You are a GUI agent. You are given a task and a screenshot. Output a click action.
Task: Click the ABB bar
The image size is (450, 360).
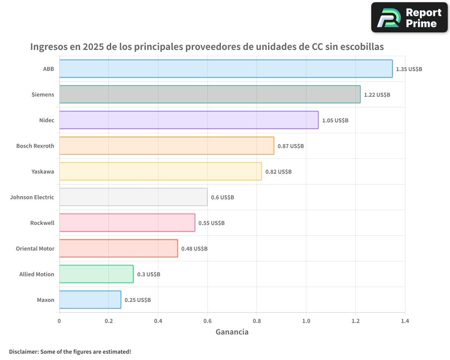(x=225, y=69)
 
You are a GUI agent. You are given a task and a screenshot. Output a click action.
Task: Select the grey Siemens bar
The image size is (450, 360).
(x=210, y=94)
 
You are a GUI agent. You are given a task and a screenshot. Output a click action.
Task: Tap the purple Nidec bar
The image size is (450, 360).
(x=189, y=120)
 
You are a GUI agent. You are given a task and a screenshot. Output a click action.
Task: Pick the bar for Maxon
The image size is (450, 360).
(x=90, y=300)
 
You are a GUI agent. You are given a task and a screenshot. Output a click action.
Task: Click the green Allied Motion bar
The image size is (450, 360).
(x=96, y=274)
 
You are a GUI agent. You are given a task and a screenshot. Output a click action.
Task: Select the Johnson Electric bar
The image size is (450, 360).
(x=133, y=197)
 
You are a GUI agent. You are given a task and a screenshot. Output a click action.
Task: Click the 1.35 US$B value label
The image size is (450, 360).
(x=409, y=69)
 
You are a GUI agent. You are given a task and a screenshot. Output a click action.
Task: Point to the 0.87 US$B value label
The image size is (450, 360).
(x=291, y=146)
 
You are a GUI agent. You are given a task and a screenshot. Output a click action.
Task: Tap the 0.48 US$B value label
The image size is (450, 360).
(x=194, y=249)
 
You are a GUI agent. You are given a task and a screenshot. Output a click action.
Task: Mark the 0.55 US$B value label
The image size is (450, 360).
(x=211, y=223)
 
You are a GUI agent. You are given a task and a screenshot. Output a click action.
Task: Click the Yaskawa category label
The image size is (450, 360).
(x=43, y=171)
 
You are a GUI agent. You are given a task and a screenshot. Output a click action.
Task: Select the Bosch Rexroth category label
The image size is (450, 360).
(x=35, y=146)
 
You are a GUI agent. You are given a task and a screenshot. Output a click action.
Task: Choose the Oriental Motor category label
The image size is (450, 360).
(x=35, y=248)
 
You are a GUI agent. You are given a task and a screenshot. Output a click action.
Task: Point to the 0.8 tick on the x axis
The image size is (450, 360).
(x=256, y=321)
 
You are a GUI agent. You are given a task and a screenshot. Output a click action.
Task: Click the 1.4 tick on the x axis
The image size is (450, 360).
(x=405, y=321)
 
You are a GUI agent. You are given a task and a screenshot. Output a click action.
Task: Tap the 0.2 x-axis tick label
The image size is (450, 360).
(x=108, y=321)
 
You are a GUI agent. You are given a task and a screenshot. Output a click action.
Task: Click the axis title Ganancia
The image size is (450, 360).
(x=232, y=332)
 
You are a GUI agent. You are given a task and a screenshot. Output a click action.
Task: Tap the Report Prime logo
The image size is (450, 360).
(x=409, y=18)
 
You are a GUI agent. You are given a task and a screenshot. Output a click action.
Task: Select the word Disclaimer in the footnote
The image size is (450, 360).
(x=23, y=351)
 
